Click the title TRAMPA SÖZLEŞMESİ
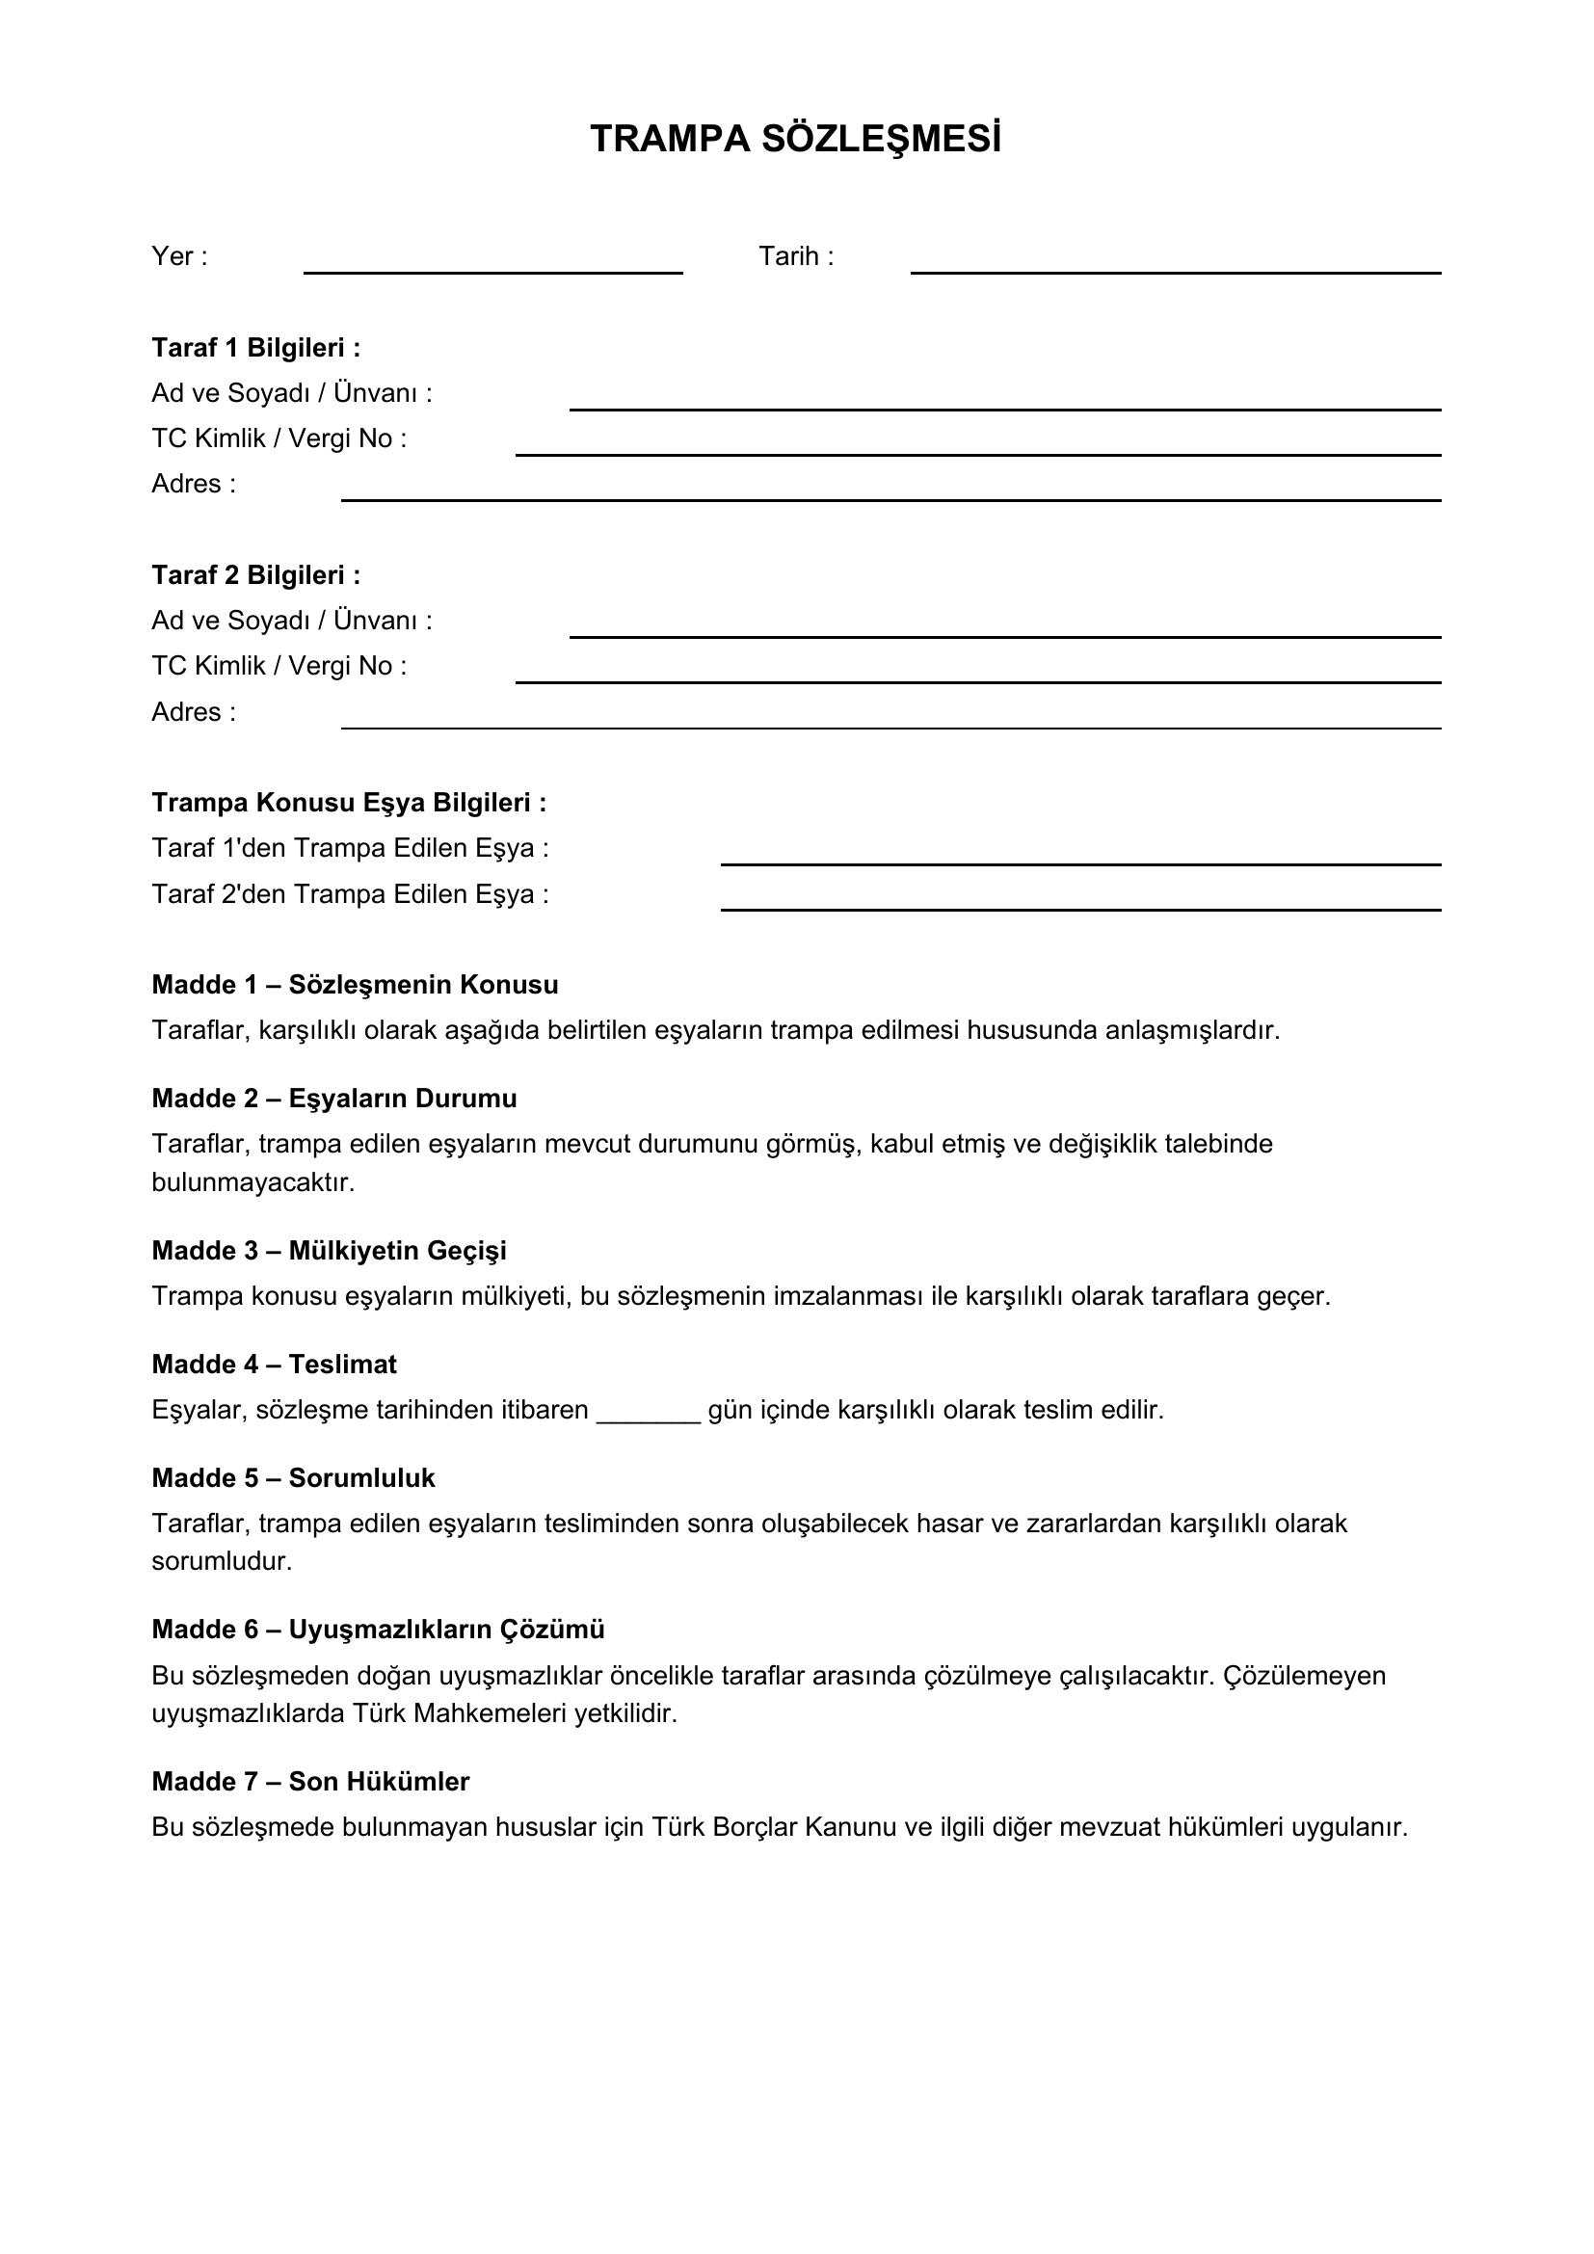796,141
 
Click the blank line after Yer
492,270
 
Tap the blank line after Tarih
1175,270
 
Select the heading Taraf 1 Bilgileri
256,348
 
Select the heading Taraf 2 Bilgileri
256,575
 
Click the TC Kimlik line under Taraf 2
977,679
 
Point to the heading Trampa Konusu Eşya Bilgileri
349,803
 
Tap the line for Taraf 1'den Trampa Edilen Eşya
1079,862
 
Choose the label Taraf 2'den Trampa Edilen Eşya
350,894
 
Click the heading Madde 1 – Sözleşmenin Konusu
355,985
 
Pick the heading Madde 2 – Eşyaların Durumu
333,1099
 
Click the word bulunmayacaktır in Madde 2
252,1183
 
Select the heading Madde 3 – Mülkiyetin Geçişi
329,1251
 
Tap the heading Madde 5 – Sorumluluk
293,1478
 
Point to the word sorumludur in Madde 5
222,1562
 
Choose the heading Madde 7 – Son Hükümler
310,1782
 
